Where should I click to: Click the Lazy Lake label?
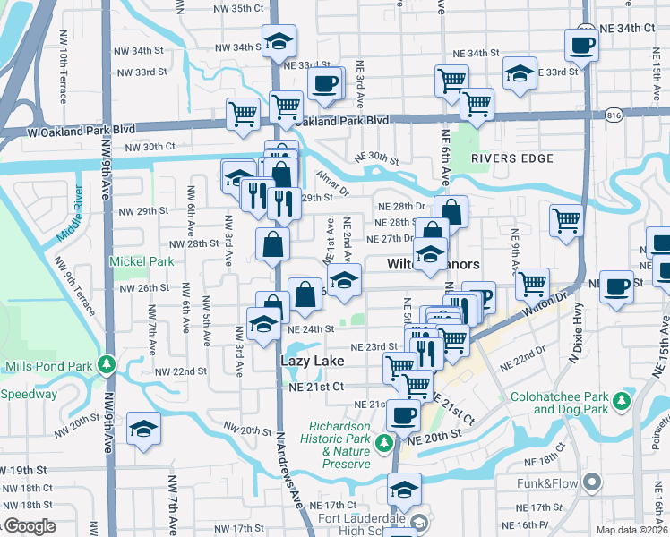tap(313, 359)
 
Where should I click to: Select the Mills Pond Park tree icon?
tap(107, 365)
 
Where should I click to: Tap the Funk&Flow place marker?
tap(590, 483)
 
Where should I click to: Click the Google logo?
tap(30, 526)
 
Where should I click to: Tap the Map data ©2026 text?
tap(631, 530)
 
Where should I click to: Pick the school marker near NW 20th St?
tap(143, 429)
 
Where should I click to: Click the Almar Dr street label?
tap(331, 185)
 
